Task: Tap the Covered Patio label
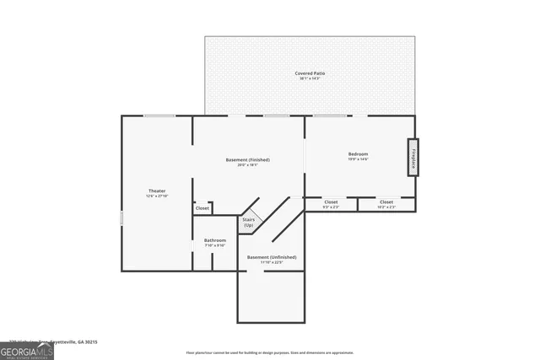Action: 310,73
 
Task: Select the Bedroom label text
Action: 359,153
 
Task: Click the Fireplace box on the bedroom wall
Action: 413,157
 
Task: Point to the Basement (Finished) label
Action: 248,159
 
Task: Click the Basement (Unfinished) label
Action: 271,256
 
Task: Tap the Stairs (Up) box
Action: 249,223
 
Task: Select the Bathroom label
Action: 215,240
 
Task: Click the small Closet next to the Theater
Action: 202,207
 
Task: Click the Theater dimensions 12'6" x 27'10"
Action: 158,196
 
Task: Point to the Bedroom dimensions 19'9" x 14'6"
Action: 359,159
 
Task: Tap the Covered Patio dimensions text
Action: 310,79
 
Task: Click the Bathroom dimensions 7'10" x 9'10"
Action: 215,245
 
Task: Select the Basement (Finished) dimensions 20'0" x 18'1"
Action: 248,165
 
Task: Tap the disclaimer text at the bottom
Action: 269,352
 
